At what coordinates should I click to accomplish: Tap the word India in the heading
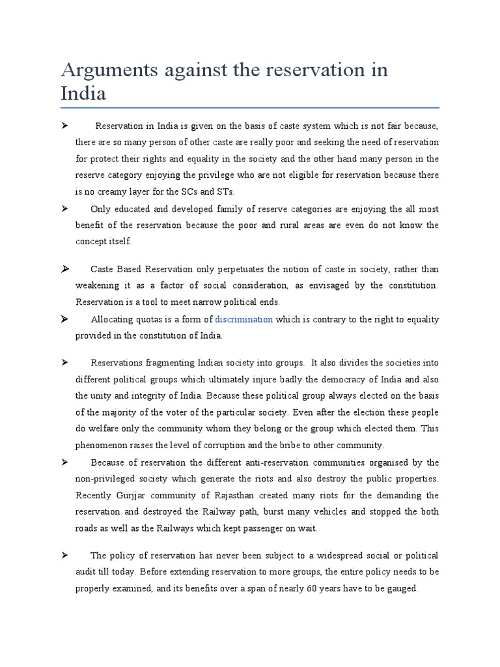83,92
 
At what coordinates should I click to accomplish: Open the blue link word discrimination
244,319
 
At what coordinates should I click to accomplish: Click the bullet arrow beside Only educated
65,208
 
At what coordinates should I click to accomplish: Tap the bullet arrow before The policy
65,555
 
